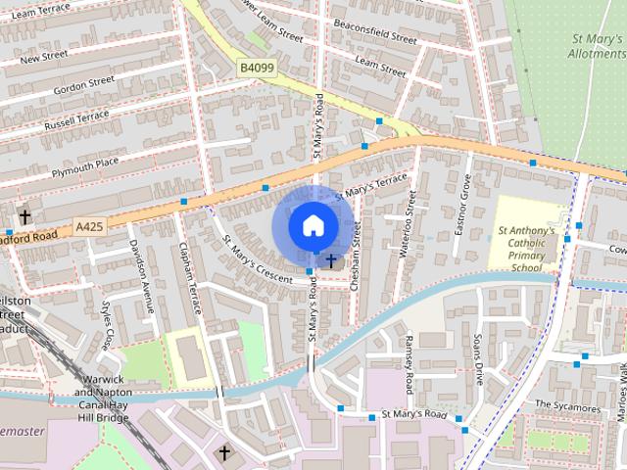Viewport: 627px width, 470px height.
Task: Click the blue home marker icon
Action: (312, 225)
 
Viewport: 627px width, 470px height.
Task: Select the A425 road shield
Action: (89, 227)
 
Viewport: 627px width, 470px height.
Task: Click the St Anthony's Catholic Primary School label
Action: (526, 250)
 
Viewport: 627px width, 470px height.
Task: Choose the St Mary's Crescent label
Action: (257, 259)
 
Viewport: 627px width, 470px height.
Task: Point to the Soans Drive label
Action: (478, 359)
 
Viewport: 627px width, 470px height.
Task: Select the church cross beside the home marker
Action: (332, 260)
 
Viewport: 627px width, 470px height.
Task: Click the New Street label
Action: (43, 56)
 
